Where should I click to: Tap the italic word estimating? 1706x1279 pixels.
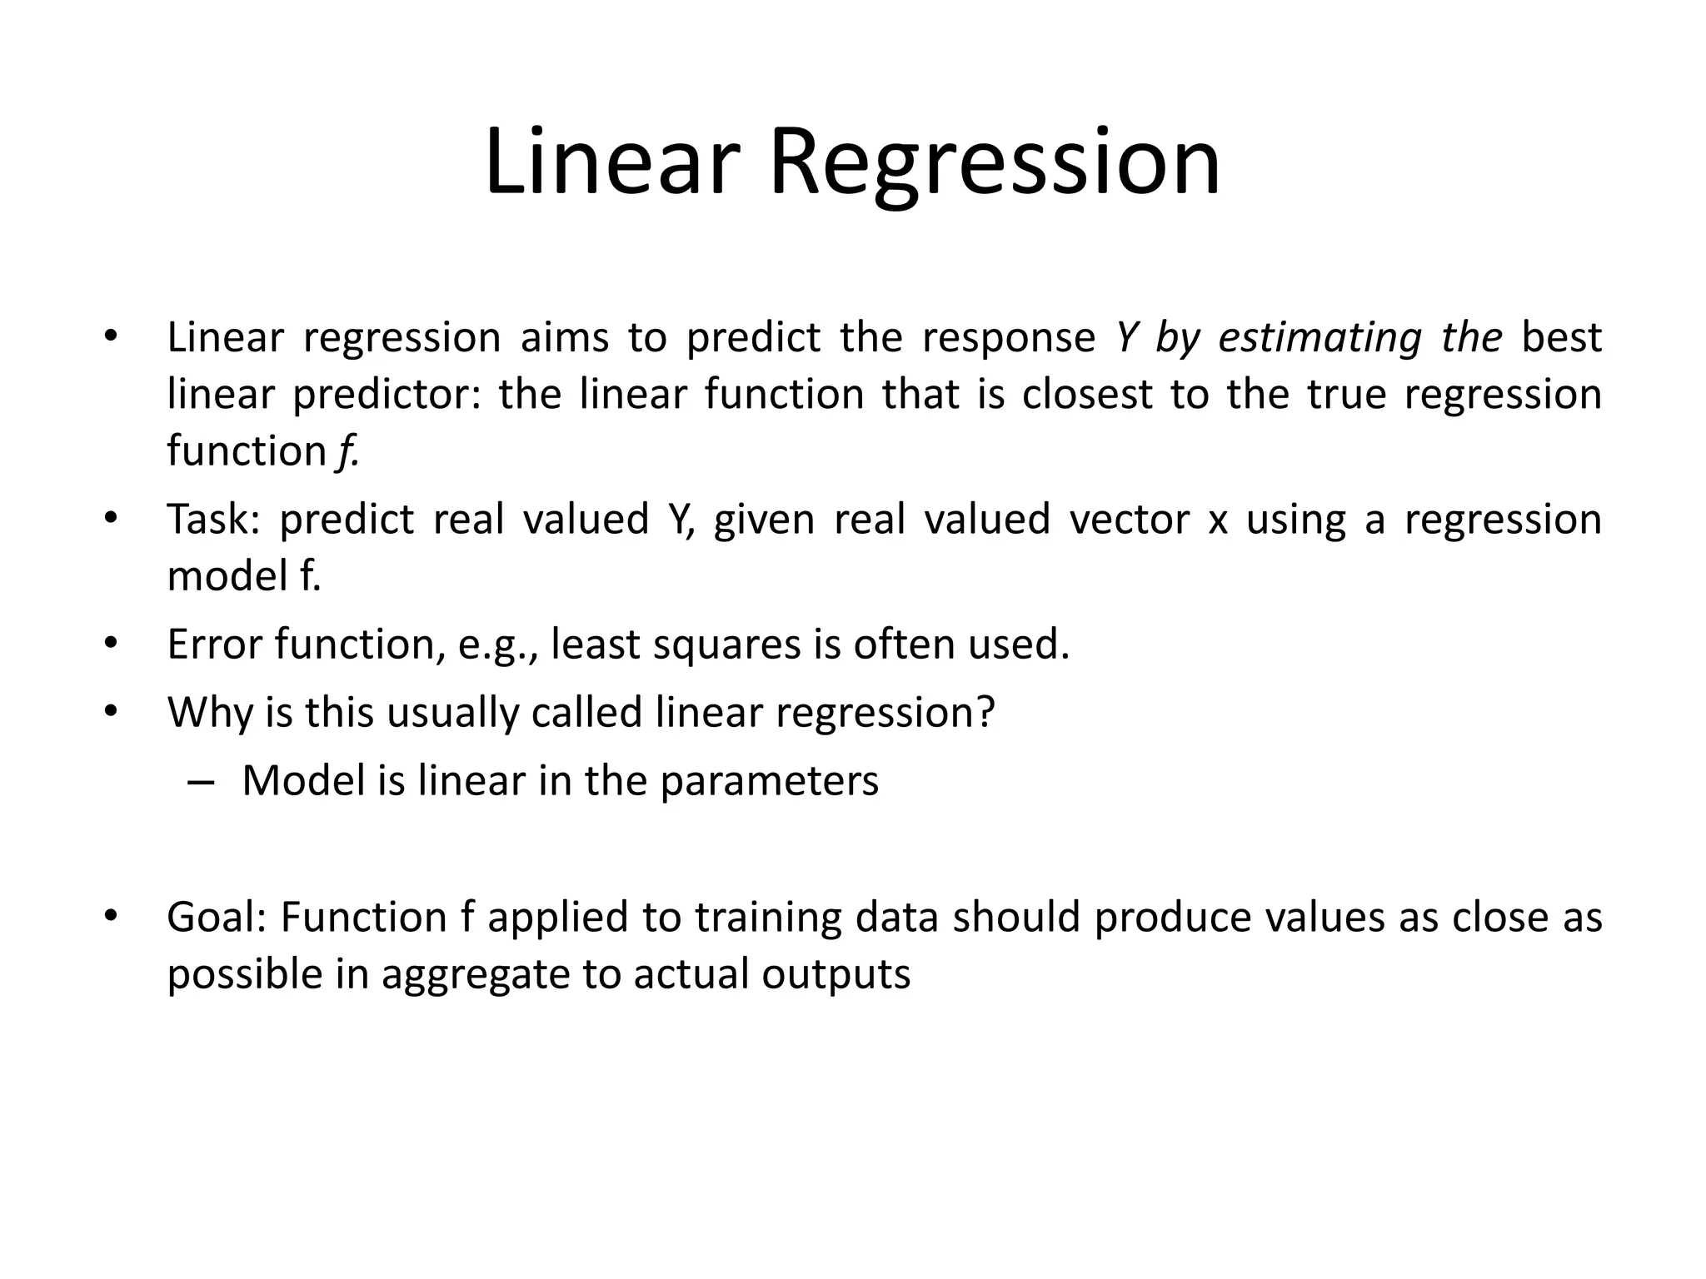(1319, 338)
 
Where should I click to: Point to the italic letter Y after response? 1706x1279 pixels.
(1126, 338)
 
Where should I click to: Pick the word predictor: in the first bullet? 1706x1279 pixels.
(387, 395)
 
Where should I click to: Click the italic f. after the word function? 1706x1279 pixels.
(347, 451)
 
